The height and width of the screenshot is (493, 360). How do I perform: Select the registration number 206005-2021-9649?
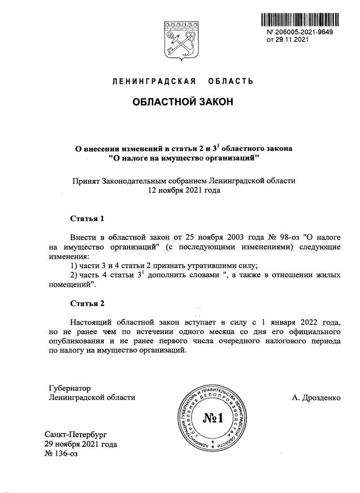pos(303,33)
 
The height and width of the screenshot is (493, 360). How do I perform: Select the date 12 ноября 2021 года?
pos(181,190)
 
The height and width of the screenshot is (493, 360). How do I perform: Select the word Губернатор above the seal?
pos(70,388)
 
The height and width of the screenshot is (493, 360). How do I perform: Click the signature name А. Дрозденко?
pos(316,397)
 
